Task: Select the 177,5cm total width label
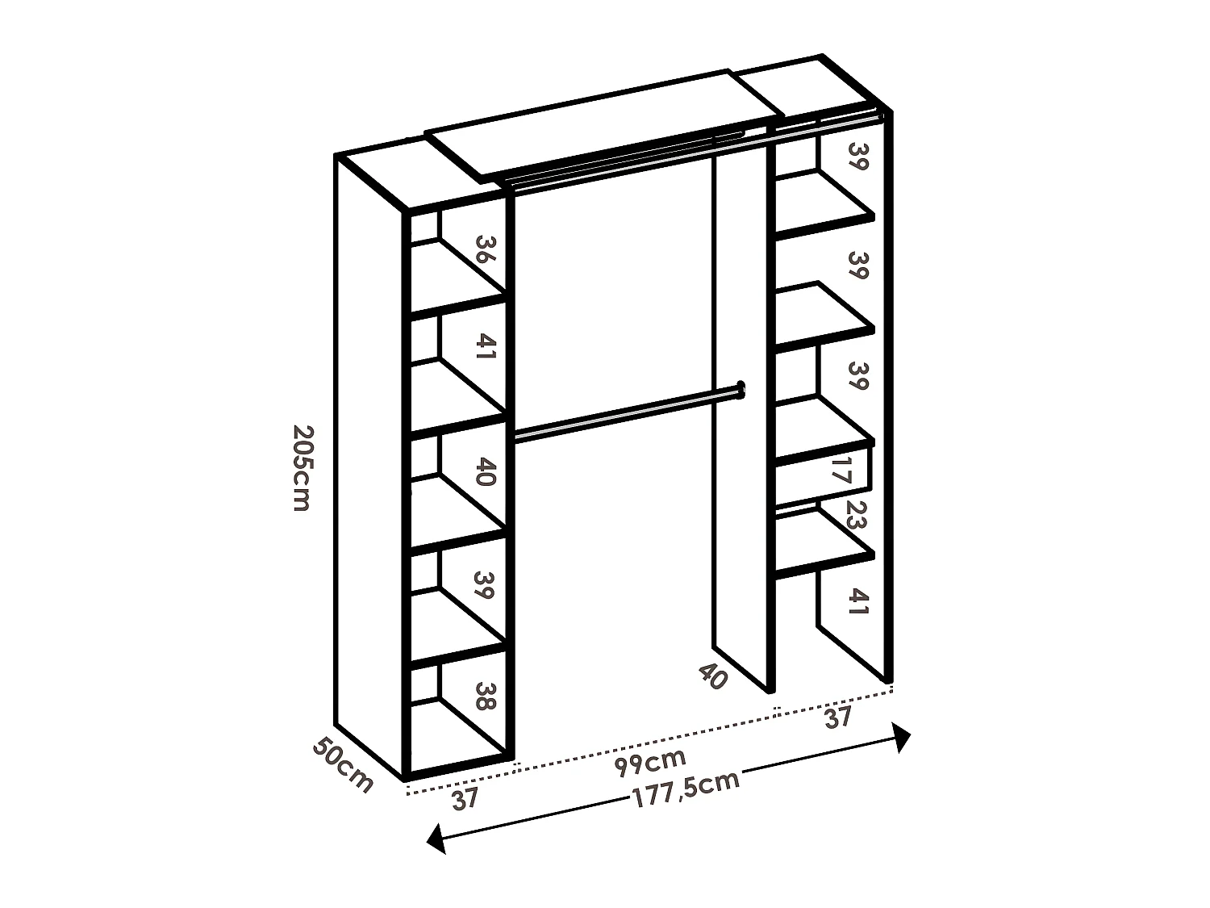(686, 789)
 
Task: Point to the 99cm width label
(650, 760)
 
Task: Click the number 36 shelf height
(484, 250)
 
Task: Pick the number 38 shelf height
(484, 697)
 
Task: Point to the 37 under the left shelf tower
(465, 798)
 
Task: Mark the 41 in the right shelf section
(857, 601)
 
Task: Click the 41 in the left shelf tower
(484, 349)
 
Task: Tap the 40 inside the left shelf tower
(484, 472)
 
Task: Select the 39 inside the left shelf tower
(484, 585)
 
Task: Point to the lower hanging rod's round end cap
(740, 390)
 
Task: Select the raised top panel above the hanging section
(605, 121)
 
